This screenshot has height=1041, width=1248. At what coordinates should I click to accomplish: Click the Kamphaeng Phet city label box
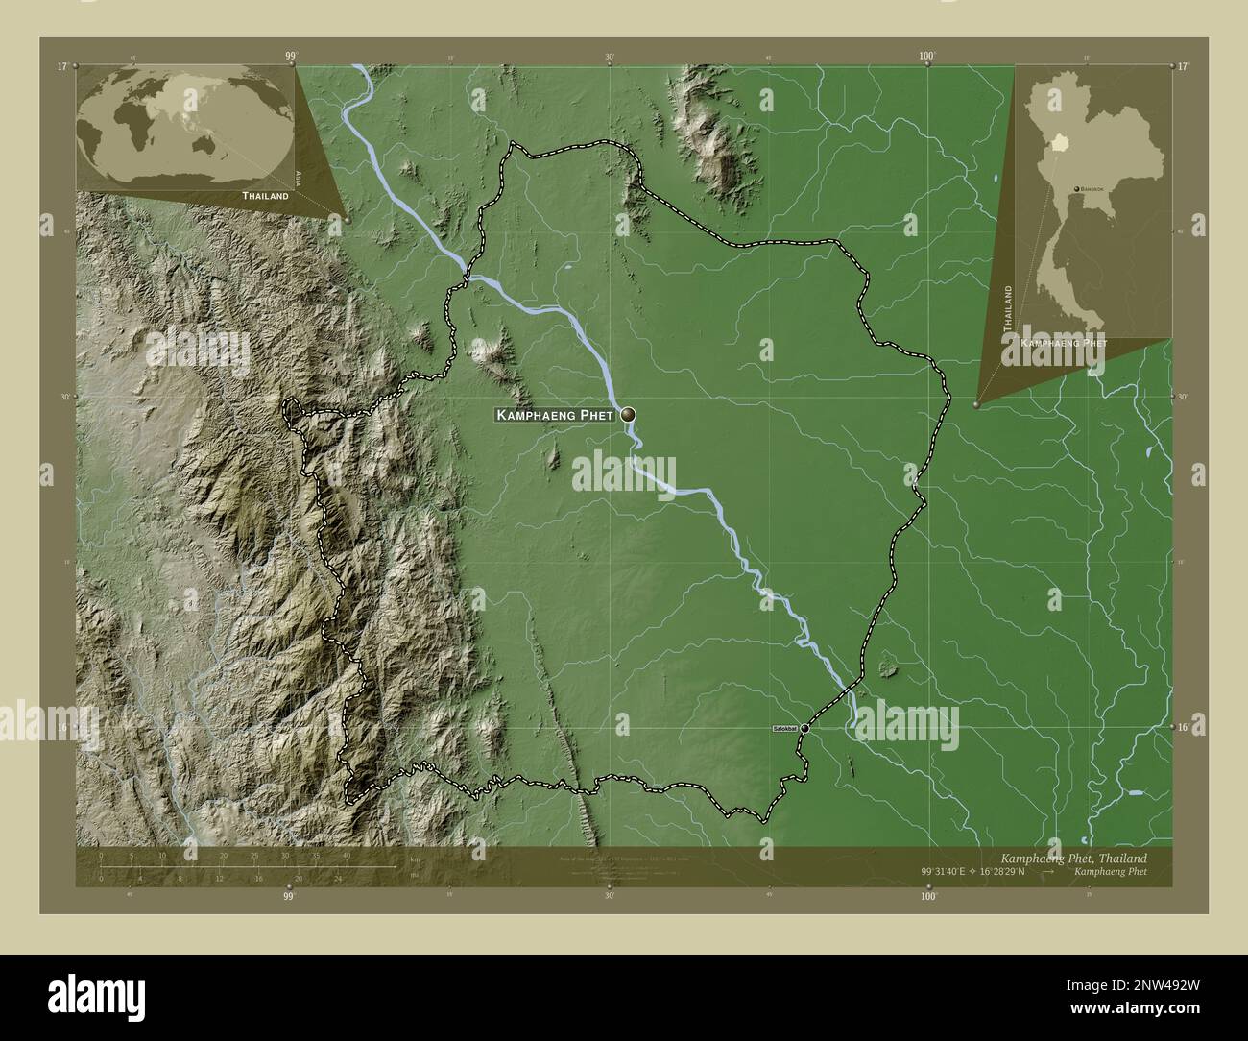[556, 415]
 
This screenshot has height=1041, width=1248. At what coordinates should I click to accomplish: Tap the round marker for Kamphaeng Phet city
[628, 414]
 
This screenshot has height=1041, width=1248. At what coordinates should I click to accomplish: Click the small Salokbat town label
[784, 730]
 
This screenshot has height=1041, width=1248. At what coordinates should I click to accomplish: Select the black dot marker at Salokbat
[804, 729]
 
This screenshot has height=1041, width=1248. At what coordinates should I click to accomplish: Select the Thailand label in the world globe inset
[265, 195]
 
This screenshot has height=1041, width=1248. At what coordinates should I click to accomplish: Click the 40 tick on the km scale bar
[346, 855]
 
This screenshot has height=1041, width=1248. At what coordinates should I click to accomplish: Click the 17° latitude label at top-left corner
[61, 66]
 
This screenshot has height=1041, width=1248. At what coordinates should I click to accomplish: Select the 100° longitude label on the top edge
[926, 57]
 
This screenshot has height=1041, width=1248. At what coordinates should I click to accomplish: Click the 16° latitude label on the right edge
[1184, 728]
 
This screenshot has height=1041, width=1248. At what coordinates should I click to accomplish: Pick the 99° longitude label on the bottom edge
[288, 896]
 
